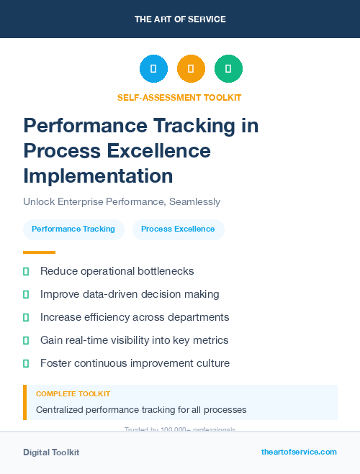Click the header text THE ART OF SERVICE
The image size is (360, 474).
(x=180, y=19)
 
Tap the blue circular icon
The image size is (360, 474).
(x=153, y=69)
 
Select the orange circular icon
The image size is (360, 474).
(x=191, y=69)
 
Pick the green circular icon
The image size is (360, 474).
(x=228, y=69)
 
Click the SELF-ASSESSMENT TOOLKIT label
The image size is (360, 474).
(x=179, y=98)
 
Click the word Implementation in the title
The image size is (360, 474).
(x=98, y=176)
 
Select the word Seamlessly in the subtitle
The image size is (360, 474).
(x=194, y=202)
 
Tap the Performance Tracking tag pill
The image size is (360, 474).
(x=73, y=229)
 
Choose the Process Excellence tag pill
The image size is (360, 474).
(x=178, y=229)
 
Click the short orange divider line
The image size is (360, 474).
(x=39, y=252)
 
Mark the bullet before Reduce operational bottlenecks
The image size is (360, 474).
(x=26, y=271)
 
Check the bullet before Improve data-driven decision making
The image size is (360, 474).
(x=26, y=294)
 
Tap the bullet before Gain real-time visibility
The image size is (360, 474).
(x=26, y=340)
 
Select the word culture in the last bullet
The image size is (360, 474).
(x=211, y=363)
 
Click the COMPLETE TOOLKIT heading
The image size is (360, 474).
(x=73, y=394)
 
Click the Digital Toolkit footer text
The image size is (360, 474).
(x=51, y=452)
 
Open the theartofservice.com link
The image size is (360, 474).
(x=299, y=452)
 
